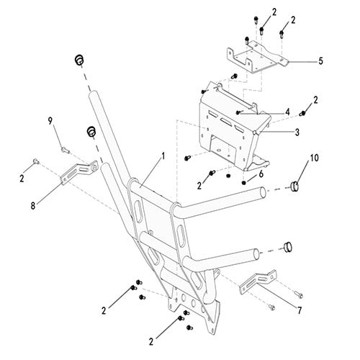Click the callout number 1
(163, 156)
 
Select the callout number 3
(297, 132)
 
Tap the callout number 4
(287, 112)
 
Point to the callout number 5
(320, 61)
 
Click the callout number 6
(261, 174)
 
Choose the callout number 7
(300, 311)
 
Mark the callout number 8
(33, 206)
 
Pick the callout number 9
(50, 121)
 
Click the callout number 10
(315, 158)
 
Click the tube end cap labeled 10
(294, 186)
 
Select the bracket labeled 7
(258, 282)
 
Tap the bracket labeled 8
(79, 172)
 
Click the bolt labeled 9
(66, 150)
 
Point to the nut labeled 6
(244, 183)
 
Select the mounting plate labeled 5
(258, 57)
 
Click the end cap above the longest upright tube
(79, 60)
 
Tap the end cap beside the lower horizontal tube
(288, 248)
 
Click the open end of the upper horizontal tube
(264, 192)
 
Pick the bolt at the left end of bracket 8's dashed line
(36, 161)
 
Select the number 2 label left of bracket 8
(22, 179)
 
